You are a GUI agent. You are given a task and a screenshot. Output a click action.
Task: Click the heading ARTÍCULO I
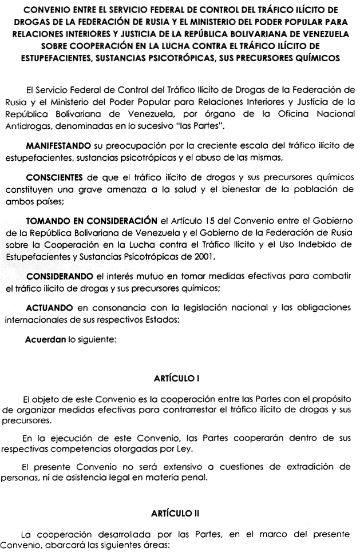180,379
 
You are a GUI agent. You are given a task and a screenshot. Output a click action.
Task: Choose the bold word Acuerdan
45,339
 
